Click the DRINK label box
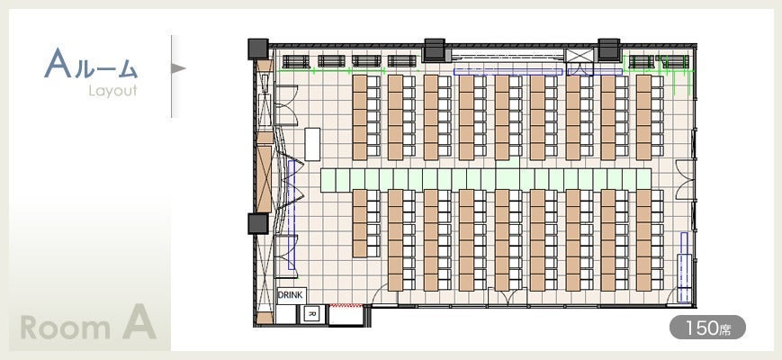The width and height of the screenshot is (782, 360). pos(292,295)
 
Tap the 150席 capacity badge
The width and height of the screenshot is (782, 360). pos(707,327)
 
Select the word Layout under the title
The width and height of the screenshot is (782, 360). pos(112,91)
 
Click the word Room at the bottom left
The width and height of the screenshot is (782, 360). pos(66,328)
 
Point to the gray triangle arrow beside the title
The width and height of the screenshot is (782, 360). pos(178,67)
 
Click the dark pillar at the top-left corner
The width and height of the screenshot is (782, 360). pos(258,49)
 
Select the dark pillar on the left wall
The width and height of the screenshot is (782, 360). pos(258,223)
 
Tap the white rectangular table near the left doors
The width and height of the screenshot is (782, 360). pos(312,144)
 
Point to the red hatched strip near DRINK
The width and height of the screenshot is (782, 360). pos(346,304)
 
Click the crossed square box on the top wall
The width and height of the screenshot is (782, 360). pos(579,56)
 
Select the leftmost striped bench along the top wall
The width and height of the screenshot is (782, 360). pos(296,61)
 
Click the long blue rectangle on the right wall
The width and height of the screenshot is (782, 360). pos(684,267)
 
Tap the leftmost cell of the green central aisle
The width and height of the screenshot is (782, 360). pos(328,179)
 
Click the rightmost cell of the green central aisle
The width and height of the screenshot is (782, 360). pos(644,179)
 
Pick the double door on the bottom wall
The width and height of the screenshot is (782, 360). pos(508,296)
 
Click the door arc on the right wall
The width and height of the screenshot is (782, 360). pos(684,180)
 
